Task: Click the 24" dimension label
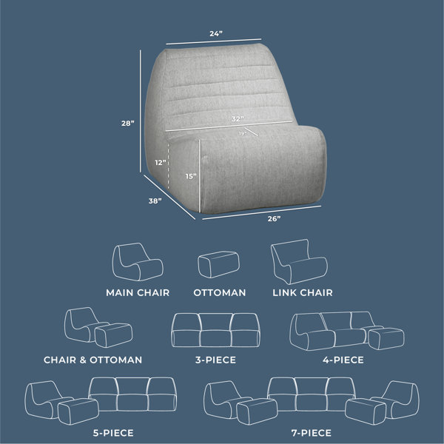[x=216, y=34]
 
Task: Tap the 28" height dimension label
[x=128, y=123]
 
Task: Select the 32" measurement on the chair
[x=238, y=118]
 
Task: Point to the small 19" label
[x=243, y=133]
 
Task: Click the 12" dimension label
[x=161, y=163]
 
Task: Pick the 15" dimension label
[x=191, y=176]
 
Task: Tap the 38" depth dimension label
[x=155, y=201]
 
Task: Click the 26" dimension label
[x=274, y=218]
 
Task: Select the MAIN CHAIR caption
[x=138, y=292]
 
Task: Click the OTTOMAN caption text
[x=220, y=292]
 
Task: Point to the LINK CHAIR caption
[x=303, y=292]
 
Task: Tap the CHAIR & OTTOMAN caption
[x=93, y=360]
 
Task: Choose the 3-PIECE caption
[x=215, y=360]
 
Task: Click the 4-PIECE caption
[x=343, y=360]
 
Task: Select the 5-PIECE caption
[x=113, y=433]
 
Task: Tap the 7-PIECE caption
[x=312, y=433]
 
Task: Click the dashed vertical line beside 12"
[x=169, y=166]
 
